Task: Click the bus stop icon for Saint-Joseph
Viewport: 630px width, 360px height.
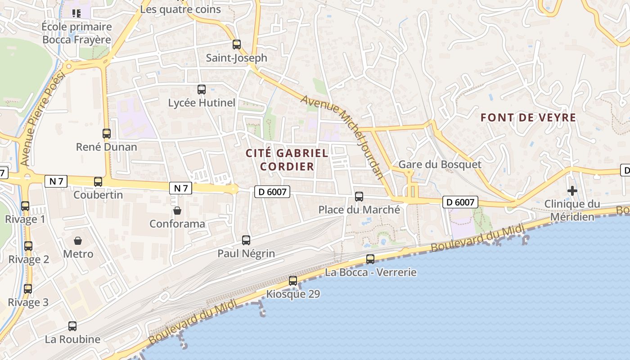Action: pos(237,45)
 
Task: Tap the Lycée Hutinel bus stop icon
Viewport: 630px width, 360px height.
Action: pos(202,90)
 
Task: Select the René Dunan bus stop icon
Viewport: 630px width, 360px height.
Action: pos(107,134)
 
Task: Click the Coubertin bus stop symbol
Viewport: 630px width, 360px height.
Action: pos(98,182)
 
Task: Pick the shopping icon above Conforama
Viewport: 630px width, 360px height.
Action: pos(177,210)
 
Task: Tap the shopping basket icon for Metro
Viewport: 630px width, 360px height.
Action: pos(78,241)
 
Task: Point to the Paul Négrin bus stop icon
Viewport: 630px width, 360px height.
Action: pos(246,240)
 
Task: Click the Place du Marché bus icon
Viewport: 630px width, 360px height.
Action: pos(359,197)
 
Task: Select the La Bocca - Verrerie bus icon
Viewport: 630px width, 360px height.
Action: pos(370,259)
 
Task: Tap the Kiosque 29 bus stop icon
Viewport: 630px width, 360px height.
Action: pos(293,281)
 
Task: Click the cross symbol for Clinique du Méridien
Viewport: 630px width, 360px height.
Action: pos(572,191)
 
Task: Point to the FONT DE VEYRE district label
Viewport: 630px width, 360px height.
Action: pos(528,118)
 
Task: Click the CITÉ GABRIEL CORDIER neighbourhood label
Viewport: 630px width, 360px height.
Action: pos(287,160)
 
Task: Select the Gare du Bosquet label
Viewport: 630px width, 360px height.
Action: pos(440,164)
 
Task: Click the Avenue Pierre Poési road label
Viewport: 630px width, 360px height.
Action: pos(43,118)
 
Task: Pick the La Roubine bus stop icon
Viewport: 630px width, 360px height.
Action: pos(72,326)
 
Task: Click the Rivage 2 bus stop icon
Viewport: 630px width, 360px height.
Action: pos(28,246)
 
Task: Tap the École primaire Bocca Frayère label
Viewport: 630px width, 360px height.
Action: pos(76,33)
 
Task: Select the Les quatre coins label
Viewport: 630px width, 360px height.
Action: pos(180,9)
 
